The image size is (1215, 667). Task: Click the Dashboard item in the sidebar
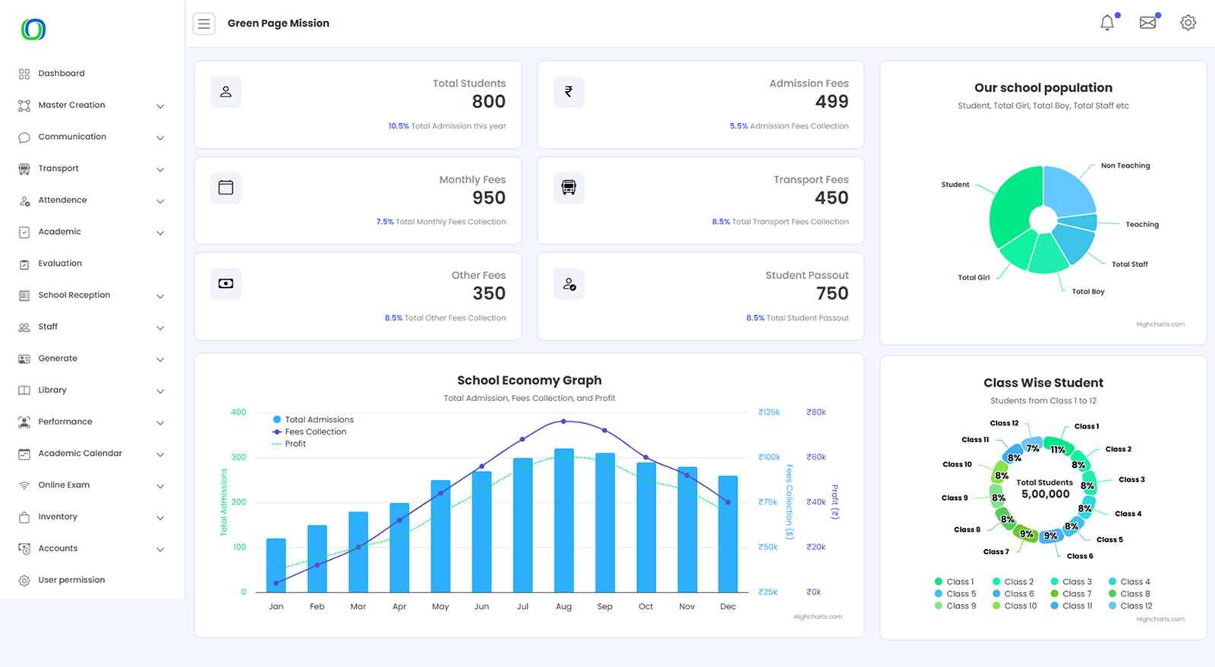tap(61, 74)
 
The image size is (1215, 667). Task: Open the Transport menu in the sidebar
tap(58, 169)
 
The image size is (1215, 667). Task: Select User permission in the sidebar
tap(71, 580)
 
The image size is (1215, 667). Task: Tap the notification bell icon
tap(1107, 23)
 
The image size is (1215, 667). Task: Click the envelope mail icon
tap(1147, 23)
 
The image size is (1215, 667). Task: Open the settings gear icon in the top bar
tap(1188, 23)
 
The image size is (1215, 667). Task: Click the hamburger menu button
tap(204, 24)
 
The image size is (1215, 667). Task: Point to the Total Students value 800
tap(488, 102)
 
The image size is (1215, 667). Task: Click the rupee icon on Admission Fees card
tap(569, 92)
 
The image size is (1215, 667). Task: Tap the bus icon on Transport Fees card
tap(569, 188)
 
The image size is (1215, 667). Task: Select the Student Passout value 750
tap(832, 294)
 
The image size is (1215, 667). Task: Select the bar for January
tap(276, 565)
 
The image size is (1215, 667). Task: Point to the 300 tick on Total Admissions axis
tap(238, 457)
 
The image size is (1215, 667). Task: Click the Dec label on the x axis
tap(727, 606)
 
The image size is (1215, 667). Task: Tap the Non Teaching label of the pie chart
tap(1125, 166)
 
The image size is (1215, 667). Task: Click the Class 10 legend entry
tap(1020, 606)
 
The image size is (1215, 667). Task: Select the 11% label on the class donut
tap(1058, 450)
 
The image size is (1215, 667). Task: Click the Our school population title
tap(1043, 88)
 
